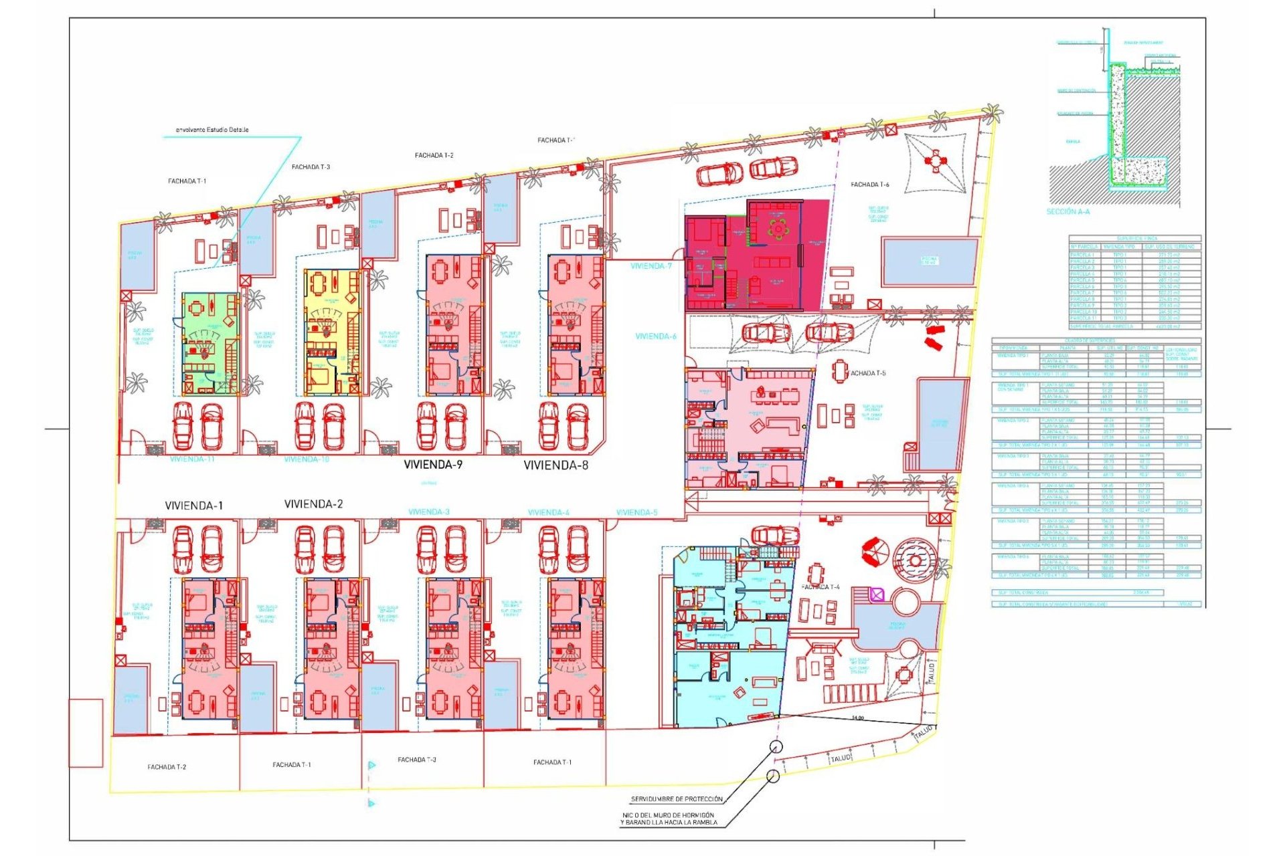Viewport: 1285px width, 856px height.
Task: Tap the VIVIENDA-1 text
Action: pos(193,506)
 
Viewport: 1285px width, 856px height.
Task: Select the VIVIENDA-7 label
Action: pos(651,266)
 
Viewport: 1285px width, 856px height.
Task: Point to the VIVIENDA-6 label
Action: pos(655,336)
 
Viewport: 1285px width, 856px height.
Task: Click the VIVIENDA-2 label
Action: pos(313,504)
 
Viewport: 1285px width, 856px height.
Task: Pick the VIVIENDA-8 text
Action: pos(555,465)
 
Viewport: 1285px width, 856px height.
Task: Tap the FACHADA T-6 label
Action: pos(869,185)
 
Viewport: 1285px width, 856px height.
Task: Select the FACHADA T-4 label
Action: pos(820,587)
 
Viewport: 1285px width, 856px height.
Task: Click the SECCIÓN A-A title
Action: pos(1067,212)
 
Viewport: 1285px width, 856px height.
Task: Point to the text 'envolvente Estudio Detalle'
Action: pos(211,130)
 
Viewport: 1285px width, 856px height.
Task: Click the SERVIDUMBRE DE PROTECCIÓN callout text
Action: pos(676,799)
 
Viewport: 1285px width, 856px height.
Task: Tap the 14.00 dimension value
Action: pos(857,718)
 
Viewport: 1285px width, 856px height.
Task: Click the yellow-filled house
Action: pos(332,332)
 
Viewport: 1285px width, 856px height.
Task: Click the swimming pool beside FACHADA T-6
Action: pos(929,261)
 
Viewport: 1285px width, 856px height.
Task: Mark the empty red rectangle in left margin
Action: pos(86,733)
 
